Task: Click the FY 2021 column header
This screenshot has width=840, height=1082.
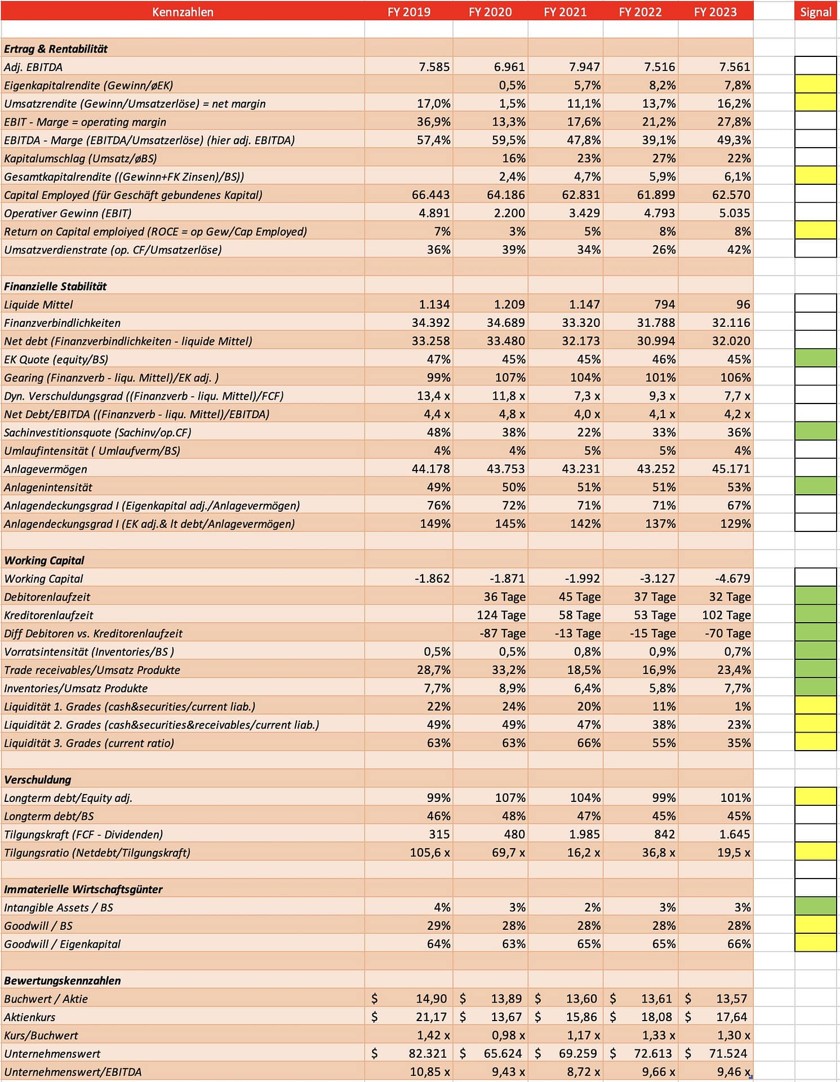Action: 565,12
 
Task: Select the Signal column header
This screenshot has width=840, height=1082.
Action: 815,12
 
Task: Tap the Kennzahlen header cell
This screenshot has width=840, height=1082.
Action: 183,12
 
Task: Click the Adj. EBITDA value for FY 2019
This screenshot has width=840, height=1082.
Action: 434,67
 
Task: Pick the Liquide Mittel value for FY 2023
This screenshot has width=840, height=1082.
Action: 743,304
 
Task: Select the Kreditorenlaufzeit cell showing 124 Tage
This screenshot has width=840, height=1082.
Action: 501,615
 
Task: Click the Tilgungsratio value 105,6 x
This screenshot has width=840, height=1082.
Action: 430,852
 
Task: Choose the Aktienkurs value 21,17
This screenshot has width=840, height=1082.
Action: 431,1017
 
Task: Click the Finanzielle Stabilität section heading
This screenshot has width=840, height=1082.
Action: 55,286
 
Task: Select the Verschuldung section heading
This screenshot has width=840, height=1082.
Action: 38,779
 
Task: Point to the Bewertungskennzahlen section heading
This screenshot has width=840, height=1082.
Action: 63,980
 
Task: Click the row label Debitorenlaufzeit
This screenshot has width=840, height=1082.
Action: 47,597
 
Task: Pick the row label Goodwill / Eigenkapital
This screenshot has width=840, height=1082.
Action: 62,943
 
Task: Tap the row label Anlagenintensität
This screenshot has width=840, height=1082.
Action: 48,487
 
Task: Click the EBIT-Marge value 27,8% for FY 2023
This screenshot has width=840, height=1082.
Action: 734,122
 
